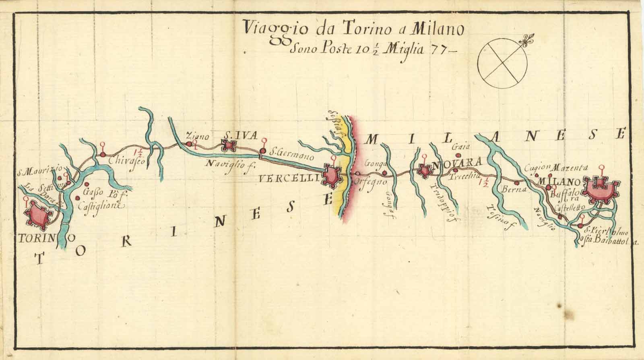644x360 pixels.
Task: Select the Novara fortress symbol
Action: [424, 170]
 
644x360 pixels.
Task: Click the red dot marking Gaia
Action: [457, 155]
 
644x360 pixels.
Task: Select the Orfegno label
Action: [371, 182]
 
